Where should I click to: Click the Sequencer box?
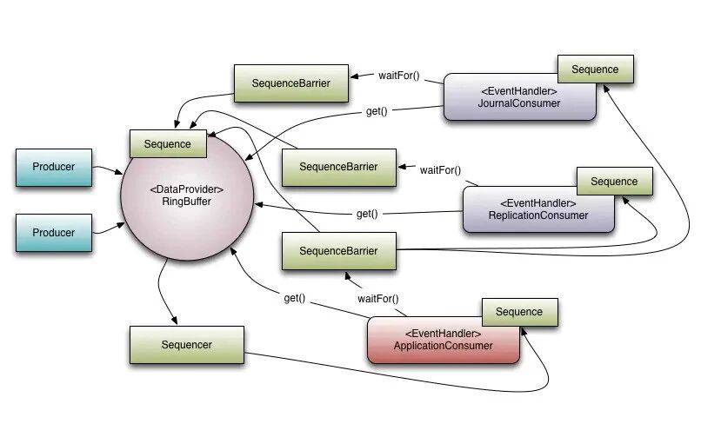(187, 345)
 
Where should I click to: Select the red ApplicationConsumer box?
(443, 341)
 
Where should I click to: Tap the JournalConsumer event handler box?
(519, 97)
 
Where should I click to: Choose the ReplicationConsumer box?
(538, 209)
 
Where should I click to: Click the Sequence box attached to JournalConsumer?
(596, 70)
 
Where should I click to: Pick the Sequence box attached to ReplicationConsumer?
(615, 182)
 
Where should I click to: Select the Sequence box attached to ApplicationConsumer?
(520, 312)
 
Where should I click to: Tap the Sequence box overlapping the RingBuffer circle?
(168, 143)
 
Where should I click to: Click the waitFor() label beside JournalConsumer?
(399, 76)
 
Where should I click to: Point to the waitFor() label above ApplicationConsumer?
(377, 299)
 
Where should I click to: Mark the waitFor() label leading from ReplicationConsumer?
(440, 170)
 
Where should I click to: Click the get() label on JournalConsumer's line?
(377, 111)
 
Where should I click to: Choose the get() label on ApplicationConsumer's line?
(295, 298)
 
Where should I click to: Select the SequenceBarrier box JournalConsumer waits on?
(291, 83)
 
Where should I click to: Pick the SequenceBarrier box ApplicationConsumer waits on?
(339, 251)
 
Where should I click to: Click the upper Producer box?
(54, 168)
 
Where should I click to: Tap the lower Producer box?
(54, 233)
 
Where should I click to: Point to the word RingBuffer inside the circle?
(186, 202)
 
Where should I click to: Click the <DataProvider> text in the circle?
(186, 189)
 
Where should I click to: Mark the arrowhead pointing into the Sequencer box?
(174, 321)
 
